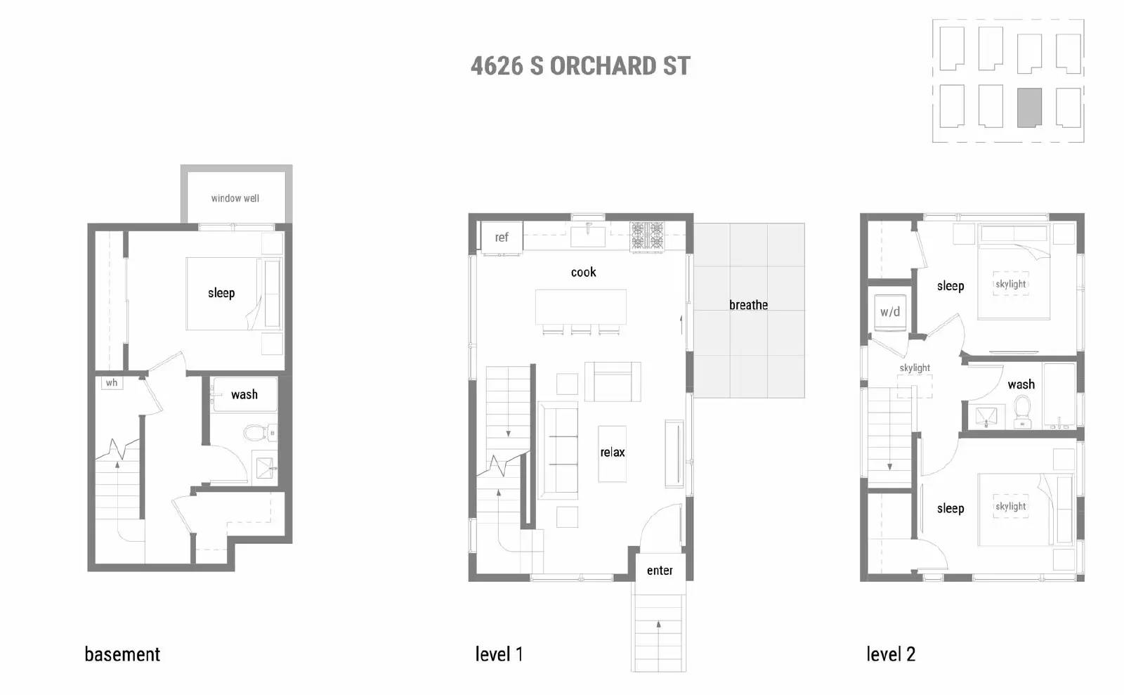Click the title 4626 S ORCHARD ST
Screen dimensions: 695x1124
click(x=580, y=66)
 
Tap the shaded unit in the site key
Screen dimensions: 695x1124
click(x=1029, y=108)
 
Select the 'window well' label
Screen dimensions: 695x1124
click(x=235, y=198)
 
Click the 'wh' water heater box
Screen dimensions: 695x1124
click(x=112, y=383)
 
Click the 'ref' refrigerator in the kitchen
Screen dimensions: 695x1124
click(x=502, y=238)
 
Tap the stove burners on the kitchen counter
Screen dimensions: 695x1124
click(x=647, y=237)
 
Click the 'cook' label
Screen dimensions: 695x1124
click(x=583, y=272)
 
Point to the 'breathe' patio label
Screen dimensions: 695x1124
click(x=748, y=305)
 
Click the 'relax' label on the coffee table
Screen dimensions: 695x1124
click(x=612, y=453)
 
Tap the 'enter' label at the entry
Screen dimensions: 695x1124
click(x=660, y=571)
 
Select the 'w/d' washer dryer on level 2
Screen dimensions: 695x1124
click(x=890, y=311)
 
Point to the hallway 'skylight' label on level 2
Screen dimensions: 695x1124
click(x=915, y=368)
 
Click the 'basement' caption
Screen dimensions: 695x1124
click(x=122, y=654)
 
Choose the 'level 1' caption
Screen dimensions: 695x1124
click(x=499, y=654)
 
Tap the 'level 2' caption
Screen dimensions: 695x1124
click(x=891, y=654)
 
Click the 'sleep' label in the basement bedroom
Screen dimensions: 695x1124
click(x=221, y=293)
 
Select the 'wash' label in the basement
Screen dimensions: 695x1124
click(x=244, y=394)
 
